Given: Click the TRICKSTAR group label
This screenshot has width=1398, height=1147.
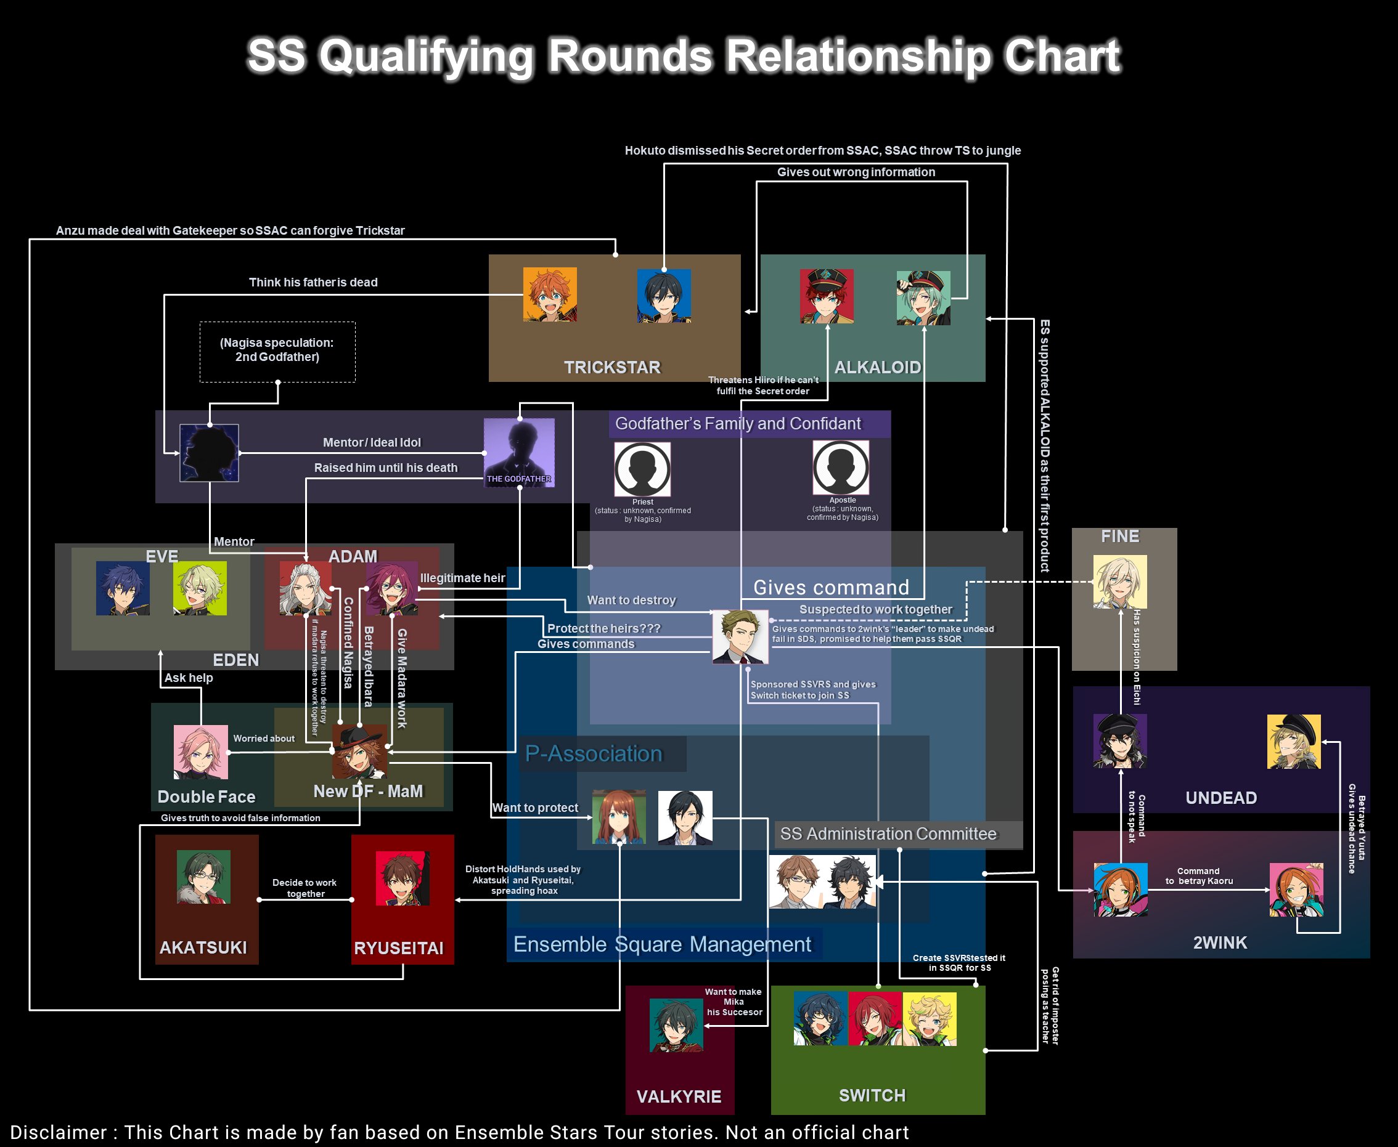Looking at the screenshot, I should [612, 367].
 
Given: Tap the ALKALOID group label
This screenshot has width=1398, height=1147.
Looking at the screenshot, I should [877, 367].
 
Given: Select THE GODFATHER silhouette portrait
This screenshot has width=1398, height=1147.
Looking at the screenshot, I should [519, 453].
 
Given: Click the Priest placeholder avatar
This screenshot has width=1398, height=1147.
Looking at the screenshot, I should [642, 468].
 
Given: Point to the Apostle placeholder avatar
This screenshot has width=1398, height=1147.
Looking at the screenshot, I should [841, 467].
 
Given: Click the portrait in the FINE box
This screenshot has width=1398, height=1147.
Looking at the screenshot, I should [1120, 582].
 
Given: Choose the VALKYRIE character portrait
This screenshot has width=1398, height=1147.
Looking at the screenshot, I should [676, 1025].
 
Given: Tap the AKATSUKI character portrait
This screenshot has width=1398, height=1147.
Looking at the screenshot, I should [203, 877].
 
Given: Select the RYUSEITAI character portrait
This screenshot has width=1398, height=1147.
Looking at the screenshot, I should [403, 878].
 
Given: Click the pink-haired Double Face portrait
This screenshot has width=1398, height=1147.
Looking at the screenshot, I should [201, 752].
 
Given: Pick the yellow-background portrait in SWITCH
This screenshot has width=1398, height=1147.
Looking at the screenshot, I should [930, 1019].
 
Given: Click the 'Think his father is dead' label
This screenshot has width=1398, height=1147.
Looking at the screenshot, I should [313, 282].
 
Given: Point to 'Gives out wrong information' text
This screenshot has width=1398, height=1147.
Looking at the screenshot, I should [856, 172].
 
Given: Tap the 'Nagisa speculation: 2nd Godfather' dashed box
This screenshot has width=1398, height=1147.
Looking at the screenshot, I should [277, 351].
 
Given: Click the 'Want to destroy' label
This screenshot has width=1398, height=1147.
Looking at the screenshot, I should [631, 600].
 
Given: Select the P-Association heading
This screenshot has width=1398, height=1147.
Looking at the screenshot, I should [594, 753].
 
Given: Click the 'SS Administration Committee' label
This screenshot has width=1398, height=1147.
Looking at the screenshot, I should [888, 834].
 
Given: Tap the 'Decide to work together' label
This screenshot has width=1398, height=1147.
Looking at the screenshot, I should [305, 888].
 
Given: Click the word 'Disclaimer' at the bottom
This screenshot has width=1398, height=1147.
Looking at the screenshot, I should [58, 1132].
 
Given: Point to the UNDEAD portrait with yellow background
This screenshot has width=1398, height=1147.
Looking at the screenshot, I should [1294, 741].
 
